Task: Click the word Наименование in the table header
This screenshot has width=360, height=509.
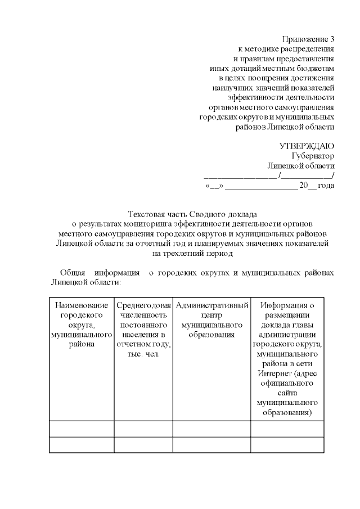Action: (81, 305)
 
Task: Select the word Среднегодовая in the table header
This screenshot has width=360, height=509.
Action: (143, 305)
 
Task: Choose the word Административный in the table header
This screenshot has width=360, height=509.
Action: (212, 305)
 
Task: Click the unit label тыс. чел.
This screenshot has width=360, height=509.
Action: (143, 354)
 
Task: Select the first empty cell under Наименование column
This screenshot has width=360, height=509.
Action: (81, 429)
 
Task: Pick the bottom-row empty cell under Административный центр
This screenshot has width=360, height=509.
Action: (212, 445)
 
